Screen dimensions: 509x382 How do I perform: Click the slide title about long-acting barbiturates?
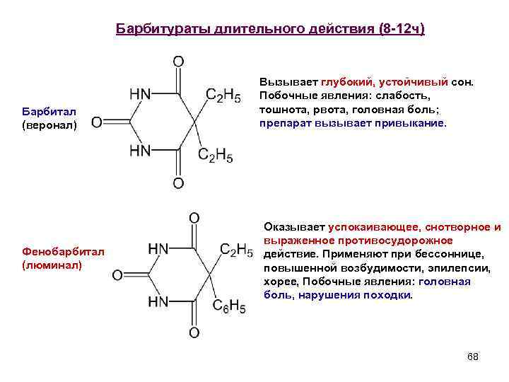(x=270, y=30)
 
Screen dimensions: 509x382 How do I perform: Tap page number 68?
(x=473, y=357)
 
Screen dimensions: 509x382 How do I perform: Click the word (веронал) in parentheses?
(x=49, y=125)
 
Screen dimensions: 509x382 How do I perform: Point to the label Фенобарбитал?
(x=64, y=251)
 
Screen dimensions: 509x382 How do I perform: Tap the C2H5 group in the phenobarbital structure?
(x=236, y=249)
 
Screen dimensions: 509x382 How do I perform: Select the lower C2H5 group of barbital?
(x=215, y=156)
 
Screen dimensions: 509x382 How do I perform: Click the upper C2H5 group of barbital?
(x=223, y=95)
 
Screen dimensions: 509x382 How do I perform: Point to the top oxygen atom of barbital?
(x=178, y=62)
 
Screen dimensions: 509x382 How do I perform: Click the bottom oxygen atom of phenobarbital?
(x=194, y=332)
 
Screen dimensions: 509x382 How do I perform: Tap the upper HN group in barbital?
(x=141, y=94)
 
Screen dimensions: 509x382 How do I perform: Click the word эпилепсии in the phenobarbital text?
(x=440, y=268)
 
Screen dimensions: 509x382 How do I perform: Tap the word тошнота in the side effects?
(x=281, y=108)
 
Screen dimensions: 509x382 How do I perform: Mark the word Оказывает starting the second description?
(x=294, y=227)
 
